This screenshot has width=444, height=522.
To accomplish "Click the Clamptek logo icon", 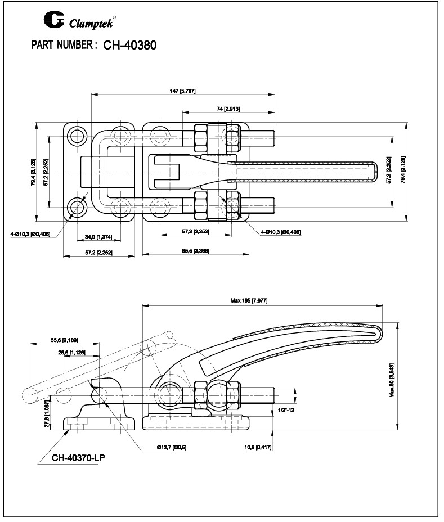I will (x=54, y=21).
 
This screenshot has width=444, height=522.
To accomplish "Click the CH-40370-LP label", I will (x=78, y=457).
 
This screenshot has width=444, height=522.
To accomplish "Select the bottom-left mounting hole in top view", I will (x=76, y=208).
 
